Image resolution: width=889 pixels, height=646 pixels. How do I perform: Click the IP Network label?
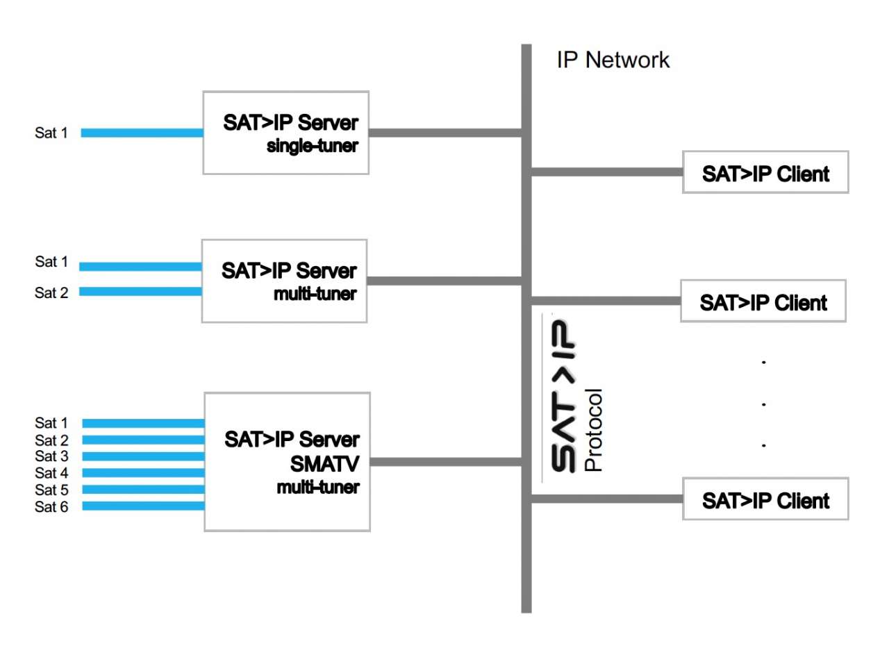pos(613,60)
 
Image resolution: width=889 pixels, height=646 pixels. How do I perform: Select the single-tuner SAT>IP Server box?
pos(285,132)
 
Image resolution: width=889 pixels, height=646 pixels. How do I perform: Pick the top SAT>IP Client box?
pos(765,172)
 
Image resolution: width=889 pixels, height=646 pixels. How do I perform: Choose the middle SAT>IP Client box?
pos(763,301)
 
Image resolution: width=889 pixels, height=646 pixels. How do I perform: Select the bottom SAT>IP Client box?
pos(765,499)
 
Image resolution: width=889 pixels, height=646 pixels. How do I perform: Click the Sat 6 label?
pos(51,507)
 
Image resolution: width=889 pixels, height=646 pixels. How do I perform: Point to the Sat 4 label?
pos(51,474)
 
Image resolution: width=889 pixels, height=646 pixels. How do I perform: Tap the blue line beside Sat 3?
pos(143,456)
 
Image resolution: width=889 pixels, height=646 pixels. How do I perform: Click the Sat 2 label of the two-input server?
pos(51,292)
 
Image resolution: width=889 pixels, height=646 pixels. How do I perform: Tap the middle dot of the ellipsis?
pos(763,404)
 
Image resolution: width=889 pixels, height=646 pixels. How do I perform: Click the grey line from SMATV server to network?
pos(446,461)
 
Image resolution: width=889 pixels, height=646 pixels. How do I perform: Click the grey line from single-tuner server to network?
pos(444,131)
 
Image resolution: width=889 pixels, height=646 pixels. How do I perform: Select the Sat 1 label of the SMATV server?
pos(51,423)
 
